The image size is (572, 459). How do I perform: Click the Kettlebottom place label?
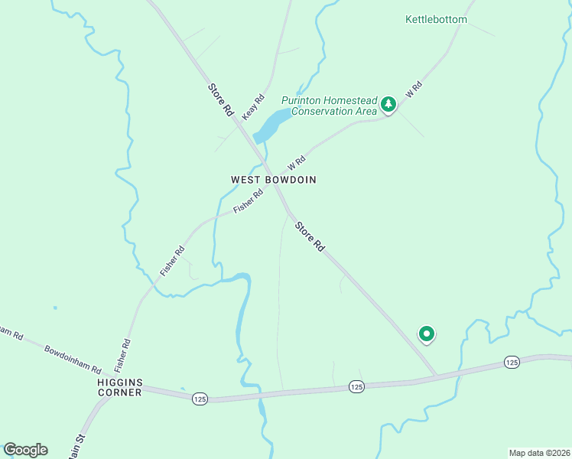pyautogui.click(x=436, y=19)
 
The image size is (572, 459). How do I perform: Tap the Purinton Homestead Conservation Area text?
pyautogui.click(x=329, y=106)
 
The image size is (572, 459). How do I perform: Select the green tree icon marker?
pyautogui.click(x=388, y=104)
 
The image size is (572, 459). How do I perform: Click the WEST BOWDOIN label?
pyautogui.click(x=274, y=180)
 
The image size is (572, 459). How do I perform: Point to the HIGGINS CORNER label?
pyautogui.click(x=119, y=387)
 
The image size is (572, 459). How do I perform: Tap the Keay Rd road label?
pyautogui.click(x=253, y=106)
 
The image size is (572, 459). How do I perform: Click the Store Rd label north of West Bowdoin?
pyautogui.click(x=219, y=99)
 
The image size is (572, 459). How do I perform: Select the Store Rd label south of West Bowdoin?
pyautogui.click(x=310, y=237)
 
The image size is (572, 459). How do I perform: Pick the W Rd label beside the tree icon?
pyautogui.click(x=414, y=90)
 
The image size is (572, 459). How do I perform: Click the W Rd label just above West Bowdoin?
pyautogui.click(x=297, y=163)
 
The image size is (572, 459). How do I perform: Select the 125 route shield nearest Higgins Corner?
pyautogui.click(x=200, y=399)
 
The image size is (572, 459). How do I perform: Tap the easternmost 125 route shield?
pyautogui.click(x=512, y=361)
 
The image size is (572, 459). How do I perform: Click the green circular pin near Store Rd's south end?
pyautogui.click(x=426, y=334)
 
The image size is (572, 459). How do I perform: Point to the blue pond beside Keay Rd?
pyautogui.click(x=271, y=125)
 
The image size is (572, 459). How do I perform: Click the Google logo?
pyautogui.click(x=25, y=450)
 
